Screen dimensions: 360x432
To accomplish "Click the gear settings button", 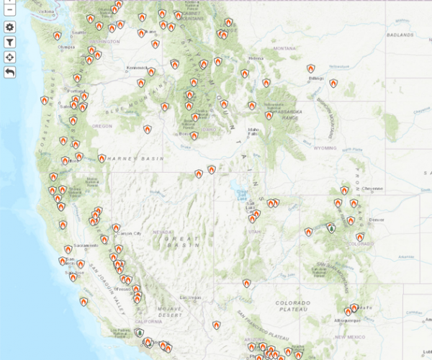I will (10, 27).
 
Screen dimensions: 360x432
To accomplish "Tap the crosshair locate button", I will (10, 57).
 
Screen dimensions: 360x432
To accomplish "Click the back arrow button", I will (10, 72).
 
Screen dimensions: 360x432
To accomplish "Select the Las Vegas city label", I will (190, 297).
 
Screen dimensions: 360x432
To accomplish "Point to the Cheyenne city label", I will (374, 188).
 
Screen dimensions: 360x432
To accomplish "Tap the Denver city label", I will (376, 219).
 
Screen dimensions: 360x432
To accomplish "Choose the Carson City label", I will (129, 233).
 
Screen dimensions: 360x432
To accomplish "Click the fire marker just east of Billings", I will (333, 84).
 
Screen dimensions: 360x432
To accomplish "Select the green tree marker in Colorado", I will (330, 228).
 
